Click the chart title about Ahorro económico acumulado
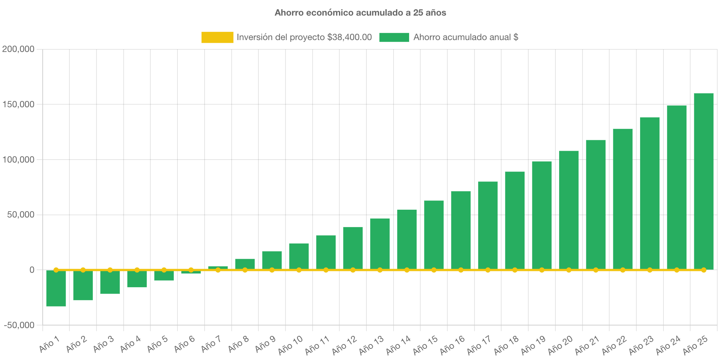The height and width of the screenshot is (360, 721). pyautogui.click(x=360, y=13)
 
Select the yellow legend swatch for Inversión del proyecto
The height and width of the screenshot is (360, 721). pyautogui.click(x=217, y=37)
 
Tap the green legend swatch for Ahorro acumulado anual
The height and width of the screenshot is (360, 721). pyautogui.click(x=394, y=37)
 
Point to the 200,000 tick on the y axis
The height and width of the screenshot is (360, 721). pyautogui.click(x=18, y=49)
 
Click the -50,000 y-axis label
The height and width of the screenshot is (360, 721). pyautogui.click(x=19, y=325)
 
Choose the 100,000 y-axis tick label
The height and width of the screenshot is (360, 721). pyautogui.click(x=18, y=160)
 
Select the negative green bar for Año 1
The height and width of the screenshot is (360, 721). pyautogui.click(x=56, y=288)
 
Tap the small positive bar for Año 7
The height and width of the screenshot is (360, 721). pyautogui.click(x=218, y=267)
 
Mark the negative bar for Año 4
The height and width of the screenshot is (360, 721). pyautogui.click(x=137, y=279)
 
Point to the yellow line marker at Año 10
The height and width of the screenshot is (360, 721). pyautogui.click(x=299, y=270)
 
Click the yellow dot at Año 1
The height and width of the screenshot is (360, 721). pyautogui.click(x=56, y=270)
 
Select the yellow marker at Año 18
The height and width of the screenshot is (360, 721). pyautogui.click(x=515, y=270)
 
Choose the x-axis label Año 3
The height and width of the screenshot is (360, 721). pyautogui.click(x=103, y=344)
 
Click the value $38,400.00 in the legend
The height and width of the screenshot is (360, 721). pyautogui.click(x=349, y=37)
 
